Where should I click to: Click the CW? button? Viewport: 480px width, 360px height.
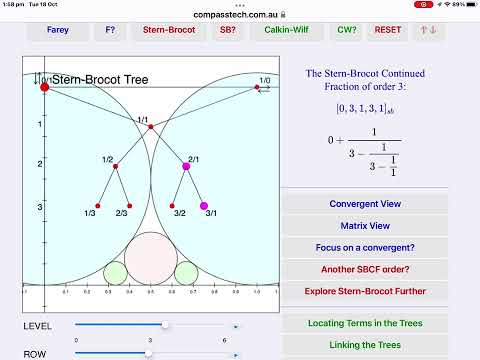click(346, 30)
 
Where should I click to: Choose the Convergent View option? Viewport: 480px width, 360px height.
click(365, 204)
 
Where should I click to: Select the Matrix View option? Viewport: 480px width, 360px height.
click(365, 226)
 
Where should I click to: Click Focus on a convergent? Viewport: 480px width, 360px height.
click(365, 248)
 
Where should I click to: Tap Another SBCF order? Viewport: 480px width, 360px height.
click(365, 270)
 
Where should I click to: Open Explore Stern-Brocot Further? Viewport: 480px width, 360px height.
click(365, 292)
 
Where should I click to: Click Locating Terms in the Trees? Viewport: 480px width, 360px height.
click(365, 323)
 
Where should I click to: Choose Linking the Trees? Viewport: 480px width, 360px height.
click(365, 345)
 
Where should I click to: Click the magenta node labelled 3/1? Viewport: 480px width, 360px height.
click(204, 206)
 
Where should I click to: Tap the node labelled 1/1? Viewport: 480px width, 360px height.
click(150, 127)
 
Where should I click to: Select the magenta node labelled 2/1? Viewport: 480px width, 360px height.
click(186, 166)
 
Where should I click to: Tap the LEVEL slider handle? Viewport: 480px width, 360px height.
click(165, 325)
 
